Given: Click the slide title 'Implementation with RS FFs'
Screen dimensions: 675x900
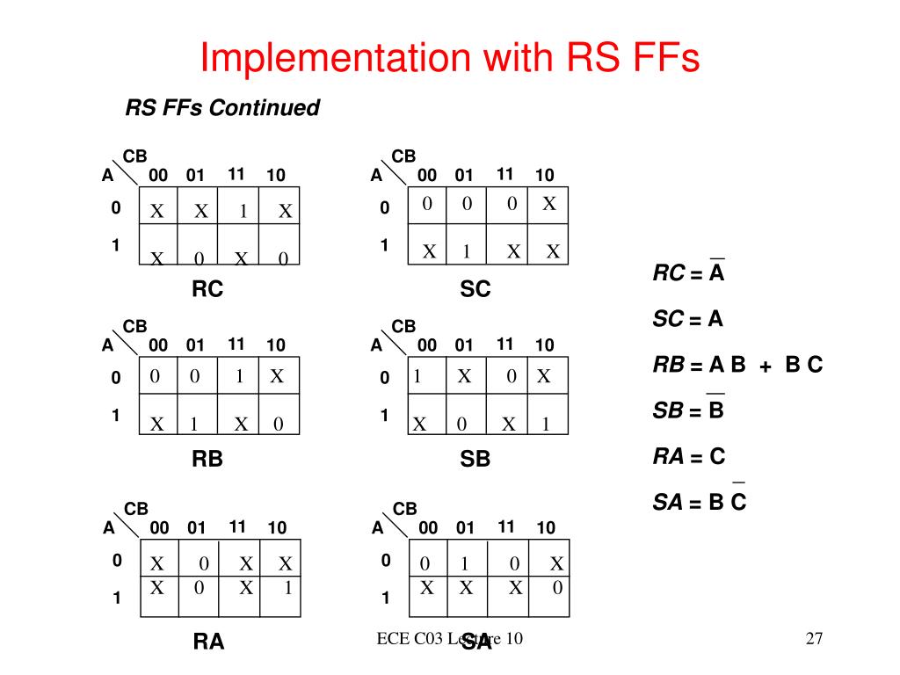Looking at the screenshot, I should tap(449, 58).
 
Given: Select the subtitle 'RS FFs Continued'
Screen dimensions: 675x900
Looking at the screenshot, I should tap(221, 108).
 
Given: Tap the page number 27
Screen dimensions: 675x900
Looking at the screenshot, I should tap(813, 639).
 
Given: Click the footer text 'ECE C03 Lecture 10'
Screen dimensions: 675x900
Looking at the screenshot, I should tap(449, 639).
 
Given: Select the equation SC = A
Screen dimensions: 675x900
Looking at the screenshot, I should tap(687, 319).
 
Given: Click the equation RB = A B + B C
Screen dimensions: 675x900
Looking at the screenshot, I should tap(737, 365).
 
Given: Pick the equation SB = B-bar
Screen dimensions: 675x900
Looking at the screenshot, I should tap(688, 410).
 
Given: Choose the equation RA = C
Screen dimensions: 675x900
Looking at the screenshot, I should tap(689, 456).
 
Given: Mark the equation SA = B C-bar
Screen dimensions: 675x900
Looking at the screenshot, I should tap(699, 502).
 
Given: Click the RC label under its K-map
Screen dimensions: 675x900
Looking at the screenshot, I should tap(207, 289).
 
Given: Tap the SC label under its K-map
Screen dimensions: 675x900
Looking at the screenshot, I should tap(475, 289).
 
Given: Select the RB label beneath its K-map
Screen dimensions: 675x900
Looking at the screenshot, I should tap(207, 459).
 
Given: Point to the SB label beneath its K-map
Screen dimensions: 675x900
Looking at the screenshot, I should tap(475, 459).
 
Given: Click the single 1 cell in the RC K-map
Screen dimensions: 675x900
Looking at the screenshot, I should tap(243, 212).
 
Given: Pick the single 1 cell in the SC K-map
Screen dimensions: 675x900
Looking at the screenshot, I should tap(468, 252).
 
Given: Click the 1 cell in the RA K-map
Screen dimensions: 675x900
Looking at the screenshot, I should tap(287, 588).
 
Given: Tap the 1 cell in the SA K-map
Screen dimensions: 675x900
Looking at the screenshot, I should tap(466, 563).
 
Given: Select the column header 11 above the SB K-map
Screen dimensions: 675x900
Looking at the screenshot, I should tap(504, 344).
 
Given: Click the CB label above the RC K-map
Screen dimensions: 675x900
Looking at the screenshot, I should tap(134, 156).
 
